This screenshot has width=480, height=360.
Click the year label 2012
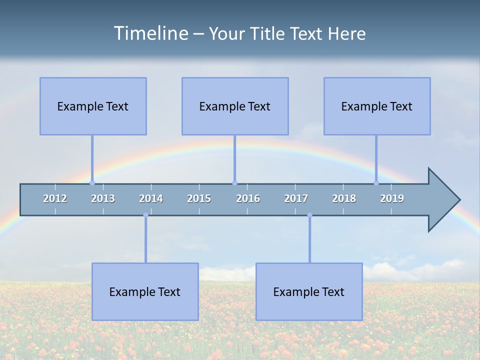[x=55, y=198]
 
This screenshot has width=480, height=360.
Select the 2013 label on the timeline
[x=103, y=198]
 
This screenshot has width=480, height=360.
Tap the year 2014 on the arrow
[x=151, y=198]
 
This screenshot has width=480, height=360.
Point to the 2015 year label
[x=199, y=198]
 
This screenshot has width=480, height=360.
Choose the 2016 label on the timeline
[x=248, y=198]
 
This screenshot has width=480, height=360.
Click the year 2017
[x=296, y=198]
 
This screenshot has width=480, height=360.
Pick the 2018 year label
[x=344, y=198]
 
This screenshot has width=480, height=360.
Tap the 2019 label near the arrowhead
[x=392, y=198]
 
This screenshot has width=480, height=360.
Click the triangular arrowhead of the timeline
[x=442, y=200]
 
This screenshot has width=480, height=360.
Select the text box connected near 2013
[x=93, y=106]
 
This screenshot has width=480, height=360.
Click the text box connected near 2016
[x=235, y=106]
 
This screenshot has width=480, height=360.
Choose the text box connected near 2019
[x=377, y=106]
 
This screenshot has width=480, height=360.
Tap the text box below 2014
[x=145, y=291]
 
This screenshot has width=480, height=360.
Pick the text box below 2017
[x=309, y=291]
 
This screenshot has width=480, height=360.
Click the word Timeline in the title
[x=150, y=33]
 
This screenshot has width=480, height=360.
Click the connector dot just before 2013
[x=92, y=183]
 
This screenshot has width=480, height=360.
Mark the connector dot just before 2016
[x=234, y=183]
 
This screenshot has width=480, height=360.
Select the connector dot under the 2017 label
[x=309, y=215]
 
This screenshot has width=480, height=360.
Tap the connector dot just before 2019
[x=376, y=183]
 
